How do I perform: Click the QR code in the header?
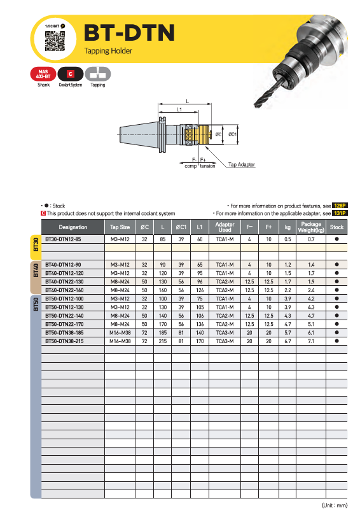(x=55, y=41)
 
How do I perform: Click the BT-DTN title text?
(x=129, y=33)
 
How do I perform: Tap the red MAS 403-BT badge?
(x=43, y=74)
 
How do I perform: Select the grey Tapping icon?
(x=98, y=74)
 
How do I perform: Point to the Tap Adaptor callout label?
(x=241, y=164)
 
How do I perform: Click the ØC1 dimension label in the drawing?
(x=232, y=134)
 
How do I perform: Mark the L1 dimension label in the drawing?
(x=179, y=109)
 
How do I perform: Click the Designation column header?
(x=73, y=227)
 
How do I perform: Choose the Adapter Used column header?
(x=225, y=227)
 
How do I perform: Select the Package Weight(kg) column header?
(x=311, y=227)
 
